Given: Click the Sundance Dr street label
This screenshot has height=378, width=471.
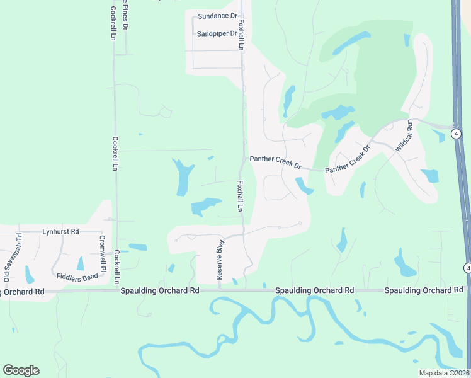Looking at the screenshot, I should (217, 16).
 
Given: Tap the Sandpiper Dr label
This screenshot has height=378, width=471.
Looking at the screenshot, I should (217, 33).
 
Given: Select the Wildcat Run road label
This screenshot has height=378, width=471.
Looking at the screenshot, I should (404, 135).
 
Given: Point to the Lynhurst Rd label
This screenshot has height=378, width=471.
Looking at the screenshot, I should (60, 232).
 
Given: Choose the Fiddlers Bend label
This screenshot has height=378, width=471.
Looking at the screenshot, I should (77, 277).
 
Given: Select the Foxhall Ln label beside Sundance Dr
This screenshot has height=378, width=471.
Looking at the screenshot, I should (241, 33).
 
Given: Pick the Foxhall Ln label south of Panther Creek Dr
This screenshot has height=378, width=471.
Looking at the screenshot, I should (240, 196).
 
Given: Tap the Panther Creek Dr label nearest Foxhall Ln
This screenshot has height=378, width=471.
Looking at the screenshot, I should (275, 162).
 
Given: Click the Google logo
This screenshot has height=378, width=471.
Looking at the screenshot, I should (21, 370).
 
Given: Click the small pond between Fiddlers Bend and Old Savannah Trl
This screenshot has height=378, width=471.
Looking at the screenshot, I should (29, 275).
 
